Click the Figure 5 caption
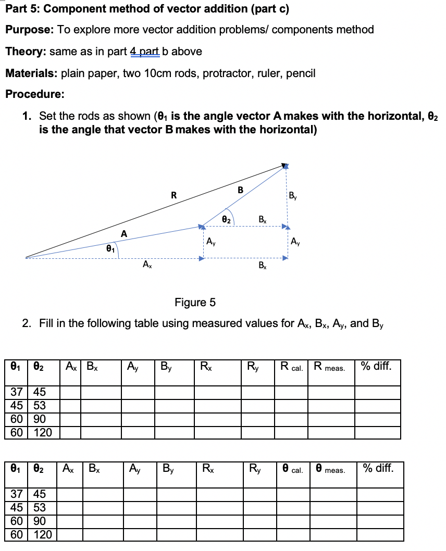coord(195,302)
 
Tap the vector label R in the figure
coord(174,196)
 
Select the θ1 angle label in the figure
coord(109,249)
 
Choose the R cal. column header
coord(291,367)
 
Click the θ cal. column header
coord(291,468)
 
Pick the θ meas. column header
coord(331,468)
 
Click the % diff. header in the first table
coord(377,366)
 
